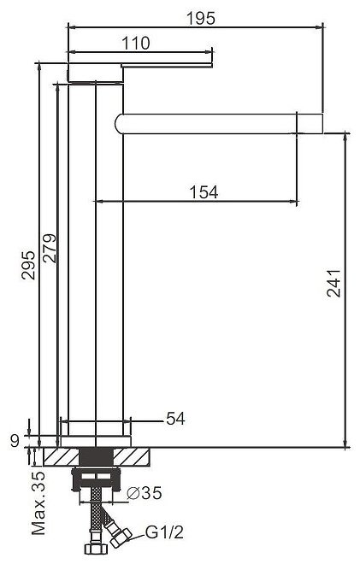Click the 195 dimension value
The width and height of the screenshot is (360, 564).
[x=201, y=18]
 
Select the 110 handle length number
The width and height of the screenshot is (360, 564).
[x=136, y=44]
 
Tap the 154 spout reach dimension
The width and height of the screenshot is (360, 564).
[x=204, y=192]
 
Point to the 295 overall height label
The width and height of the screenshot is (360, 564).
[x=28, y=266]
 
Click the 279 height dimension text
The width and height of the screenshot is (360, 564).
[x=50, y=248]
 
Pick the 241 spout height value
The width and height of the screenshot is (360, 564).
[x=333, y=283]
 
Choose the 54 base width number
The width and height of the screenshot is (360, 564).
[x=175, y=419]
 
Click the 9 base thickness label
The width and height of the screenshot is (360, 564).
[x=15, y=440]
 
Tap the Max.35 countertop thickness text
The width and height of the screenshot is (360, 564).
[x=38, y=502]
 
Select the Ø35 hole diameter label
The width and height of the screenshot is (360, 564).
[x=145, y=493]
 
